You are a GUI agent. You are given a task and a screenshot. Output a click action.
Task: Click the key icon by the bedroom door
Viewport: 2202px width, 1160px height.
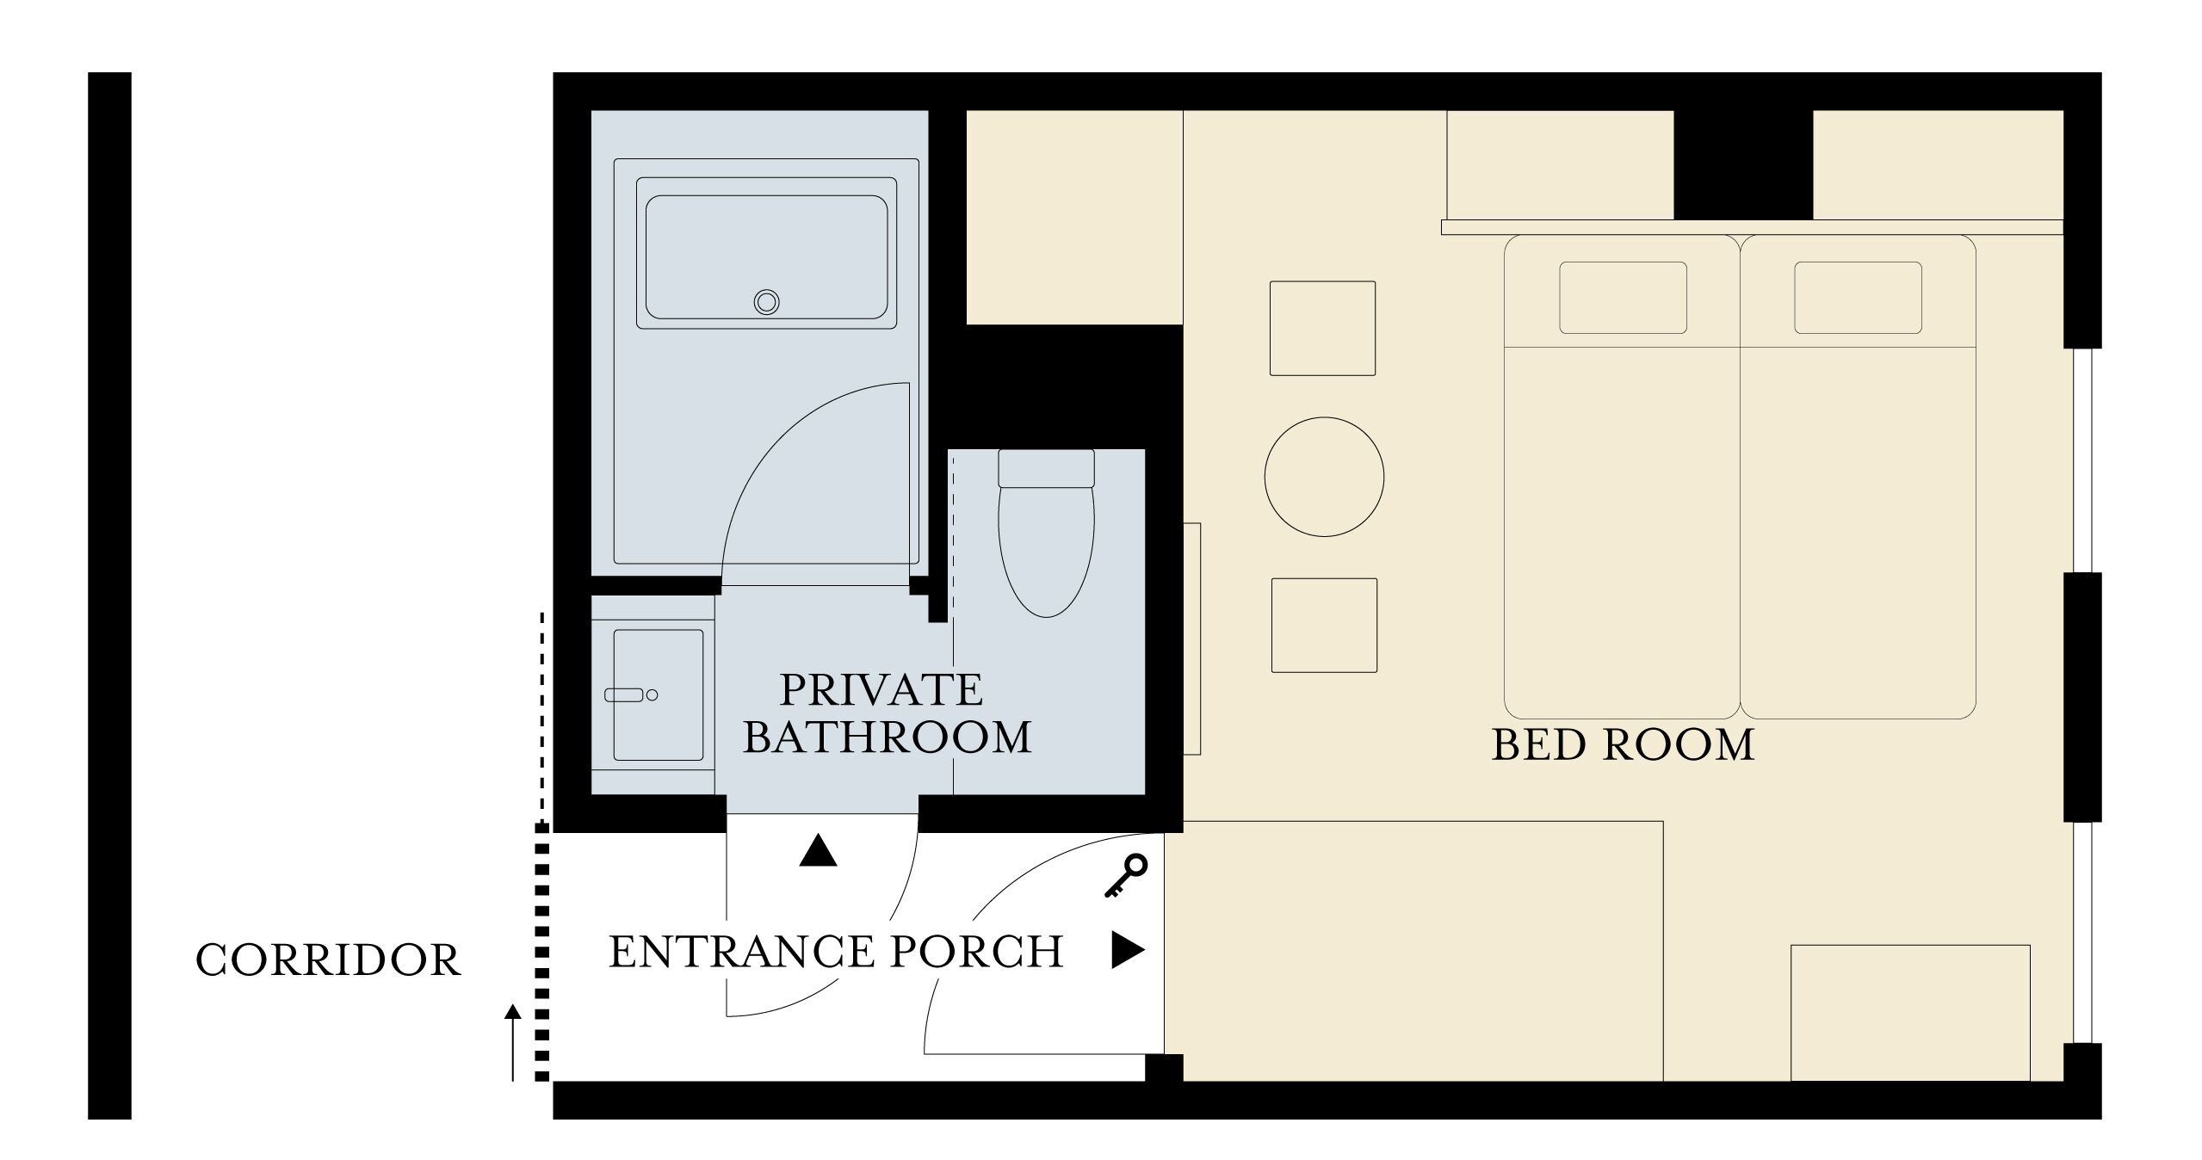pyautogui.click(x=1125, y=876)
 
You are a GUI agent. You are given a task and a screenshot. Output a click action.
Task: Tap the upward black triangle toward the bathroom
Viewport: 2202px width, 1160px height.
pyautogui.click(x=818, y=852)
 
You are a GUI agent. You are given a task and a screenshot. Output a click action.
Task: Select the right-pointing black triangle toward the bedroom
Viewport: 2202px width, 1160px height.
pyautogui.click(x=1127, y=950)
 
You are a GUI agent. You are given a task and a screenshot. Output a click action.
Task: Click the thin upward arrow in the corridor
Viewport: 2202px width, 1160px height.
pyautogui.click(x=513, y=1041)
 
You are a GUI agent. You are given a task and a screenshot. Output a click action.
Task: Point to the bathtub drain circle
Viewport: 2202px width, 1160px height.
pyautogui.click(x=766, y=302)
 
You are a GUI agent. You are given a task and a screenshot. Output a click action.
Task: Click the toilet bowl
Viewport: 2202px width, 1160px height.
pyautogui.click(x=1046, y=551)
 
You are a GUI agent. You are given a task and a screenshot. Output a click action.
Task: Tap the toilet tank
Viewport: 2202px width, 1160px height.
pyautogui.click(x=1046, y=468)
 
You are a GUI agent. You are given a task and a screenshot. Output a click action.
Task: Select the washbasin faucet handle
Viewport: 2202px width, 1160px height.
pyautogui.click(x=624, y=694)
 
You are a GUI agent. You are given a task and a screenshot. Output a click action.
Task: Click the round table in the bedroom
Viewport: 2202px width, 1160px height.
pyautogui.click(x=1324, y=477)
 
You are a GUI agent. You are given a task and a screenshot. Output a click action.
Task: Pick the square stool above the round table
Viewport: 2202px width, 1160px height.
pyautogui.click(x=1322, y=328)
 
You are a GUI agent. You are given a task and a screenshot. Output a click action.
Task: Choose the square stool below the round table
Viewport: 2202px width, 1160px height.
pyautogui.click(x=1324, y=625)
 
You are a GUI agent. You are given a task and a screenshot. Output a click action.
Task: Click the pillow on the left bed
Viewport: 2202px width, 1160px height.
pyautogui.click(x=1623, y=298)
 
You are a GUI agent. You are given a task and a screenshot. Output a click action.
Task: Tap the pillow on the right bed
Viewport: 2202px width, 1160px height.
pyautogui.click(x=1858, y=298)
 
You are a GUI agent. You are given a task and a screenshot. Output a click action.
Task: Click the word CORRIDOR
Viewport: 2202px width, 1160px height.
pyautogui.click(x=328, y=960)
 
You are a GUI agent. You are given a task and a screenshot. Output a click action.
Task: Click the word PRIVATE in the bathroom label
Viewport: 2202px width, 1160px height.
pyautogui.click(x=881, y=689)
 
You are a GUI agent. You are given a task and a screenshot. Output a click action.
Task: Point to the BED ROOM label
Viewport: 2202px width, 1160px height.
pyautogui.click(x=1623, y=745)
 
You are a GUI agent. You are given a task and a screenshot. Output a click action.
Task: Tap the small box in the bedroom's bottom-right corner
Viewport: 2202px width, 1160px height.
pyautogui.click(x=1910, y=1012)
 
